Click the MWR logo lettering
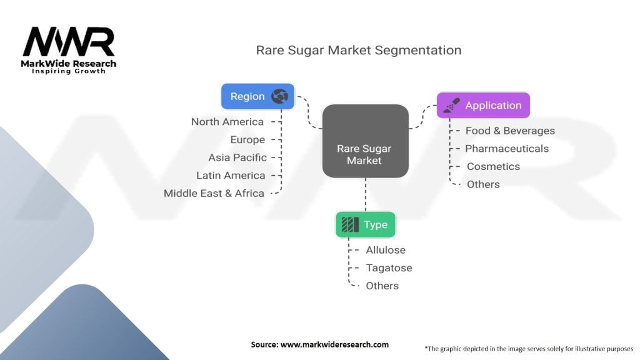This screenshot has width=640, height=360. [x=69, y=42]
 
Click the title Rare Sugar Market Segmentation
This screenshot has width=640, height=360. [x=359, y=50]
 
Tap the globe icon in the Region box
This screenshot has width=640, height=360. [x=279, y=96]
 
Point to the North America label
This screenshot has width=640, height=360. [x=227, y=122]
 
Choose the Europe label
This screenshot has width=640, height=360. [x=247, y=139]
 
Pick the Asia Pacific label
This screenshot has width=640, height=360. [x=237, y=157]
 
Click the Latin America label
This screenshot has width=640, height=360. [x=231, y=176]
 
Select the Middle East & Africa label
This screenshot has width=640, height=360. [x=214, y=193]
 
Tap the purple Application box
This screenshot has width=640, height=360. [x=483, y=106]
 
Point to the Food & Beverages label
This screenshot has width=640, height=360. [x=510, y=131]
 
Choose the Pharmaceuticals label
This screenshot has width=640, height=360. [x=507, y=149]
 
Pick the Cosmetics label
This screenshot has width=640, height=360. [x=493, y=167]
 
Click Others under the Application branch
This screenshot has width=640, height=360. [x=483, y=184]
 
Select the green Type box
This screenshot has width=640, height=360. [x=366, y=225]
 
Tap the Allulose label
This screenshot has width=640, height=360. [x=386, y=250]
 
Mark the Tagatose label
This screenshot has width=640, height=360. [x=389, y=268]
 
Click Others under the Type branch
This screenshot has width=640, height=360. [x=382, y=286]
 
